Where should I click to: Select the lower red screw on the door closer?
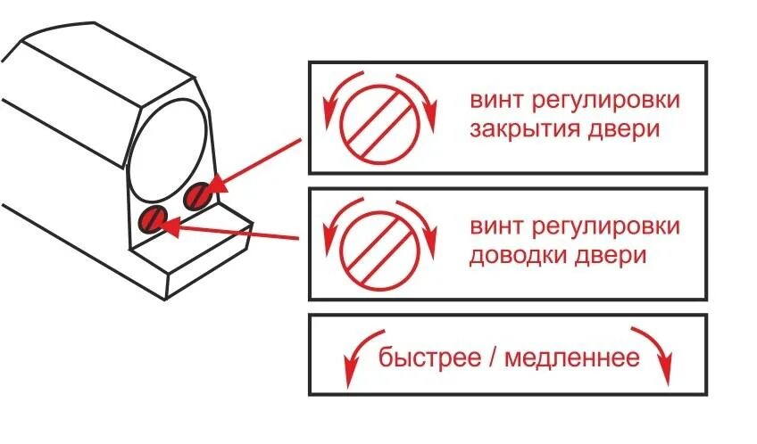click(154, 218)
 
